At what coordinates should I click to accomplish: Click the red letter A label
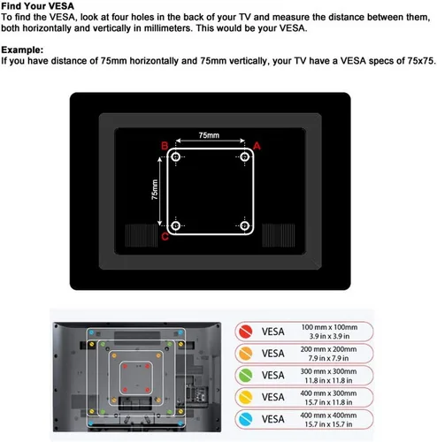click(x=257, y=146)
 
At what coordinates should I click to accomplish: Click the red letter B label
click(x=165, y=146)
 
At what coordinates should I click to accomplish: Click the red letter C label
click(x=165, y=236)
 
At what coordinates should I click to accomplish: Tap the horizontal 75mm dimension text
click(x=209, y=135)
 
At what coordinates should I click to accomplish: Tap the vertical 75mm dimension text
click(x=155, y=189)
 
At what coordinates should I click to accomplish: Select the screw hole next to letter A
click(x=244, y=156)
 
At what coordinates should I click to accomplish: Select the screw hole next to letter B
click(x=176, y=156)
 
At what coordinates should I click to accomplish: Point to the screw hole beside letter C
click(x=176, y=226)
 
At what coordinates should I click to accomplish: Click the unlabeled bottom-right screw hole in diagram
click(x=244, y=226)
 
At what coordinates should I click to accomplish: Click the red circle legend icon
click(x=246, y=331)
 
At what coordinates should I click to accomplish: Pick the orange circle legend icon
click(x=246, y=354)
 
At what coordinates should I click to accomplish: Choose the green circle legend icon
click(x=246, y=376)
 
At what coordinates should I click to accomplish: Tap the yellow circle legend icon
click(x=246, y=397)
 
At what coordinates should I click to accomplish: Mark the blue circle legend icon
click(x=246, y=419)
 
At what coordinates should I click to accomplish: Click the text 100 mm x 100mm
click(x=329, y=327)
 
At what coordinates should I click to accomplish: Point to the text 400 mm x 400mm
click(x=328, y=415)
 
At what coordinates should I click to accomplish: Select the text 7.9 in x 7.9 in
click(x=328, y=358)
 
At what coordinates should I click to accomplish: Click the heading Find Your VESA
click(x=38, y=6)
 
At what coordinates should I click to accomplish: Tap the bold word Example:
click(x=22, y=50)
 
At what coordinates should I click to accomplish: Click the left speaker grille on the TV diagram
click(x=142, y=235)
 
